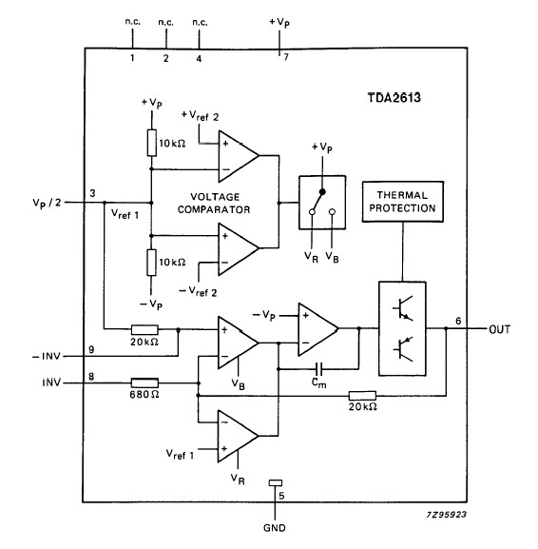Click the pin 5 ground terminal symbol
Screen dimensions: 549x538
tap(275, 483)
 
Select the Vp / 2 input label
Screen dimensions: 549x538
tap(49, 202)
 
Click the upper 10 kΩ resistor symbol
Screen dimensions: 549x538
tap(151, 143)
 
